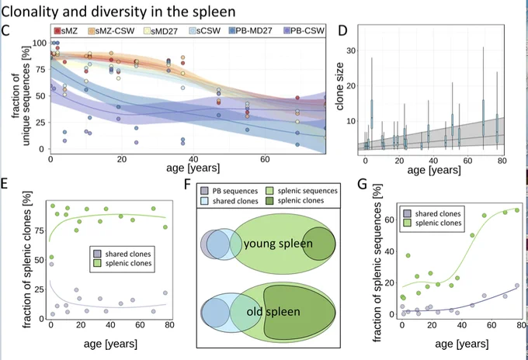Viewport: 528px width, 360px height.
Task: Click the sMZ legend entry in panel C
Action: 66,31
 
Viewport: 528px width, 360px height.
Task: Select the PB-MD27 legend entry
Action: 250,31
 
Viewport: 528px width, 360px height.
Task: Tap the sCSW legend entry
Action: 205,31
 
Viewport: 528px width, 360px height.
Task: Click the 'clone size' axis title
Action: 339,86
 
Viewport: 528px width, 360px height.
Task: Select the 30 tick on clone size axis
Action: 352,50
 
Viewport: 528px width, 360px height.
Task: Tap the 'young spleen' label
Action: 278,244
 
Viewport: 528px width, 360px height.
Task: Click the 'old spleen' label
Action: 273,312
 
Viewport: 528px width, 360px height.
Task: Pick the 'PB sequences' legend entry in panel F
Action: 229,191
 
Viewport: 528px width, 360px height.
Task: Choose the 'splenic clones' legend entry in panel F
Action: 294,200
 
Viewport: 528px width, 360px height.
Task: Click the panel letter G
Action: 362,185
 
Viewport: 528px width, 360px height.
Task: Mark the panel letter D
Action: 342,30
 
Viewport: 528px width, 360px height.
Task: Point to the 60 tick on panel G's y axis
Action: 389,220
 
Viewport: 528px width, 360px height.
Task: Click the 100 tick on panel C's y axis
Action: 40,43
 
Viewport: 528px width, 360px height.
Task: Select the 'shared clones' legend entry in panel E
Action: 122,254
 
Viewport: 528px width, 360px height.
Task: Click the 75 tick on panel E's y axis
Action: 39,230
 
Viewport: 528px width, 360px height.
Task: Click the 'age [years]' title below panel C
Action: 193,168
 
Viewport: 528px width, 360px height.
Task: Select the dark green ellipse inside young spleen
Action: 318,244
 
